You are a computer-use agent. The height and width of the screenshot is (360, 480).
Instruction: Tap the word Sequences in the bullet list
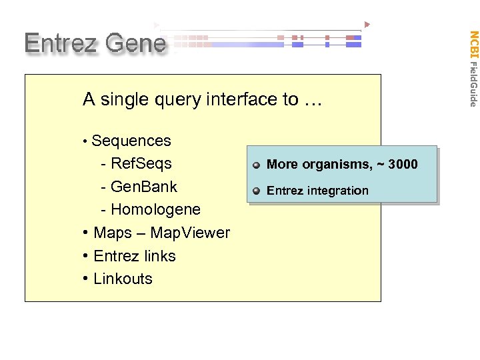tap(131, 141)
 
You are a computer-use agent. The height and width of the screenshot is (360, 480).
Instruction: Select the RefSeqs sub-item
tap(141, 163)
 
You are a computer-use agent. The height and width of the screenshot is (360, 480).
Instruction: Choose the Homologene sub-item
tap(155, 209)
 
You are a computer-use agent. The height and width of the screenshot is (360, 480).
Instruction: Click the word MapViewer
tap(190, 233)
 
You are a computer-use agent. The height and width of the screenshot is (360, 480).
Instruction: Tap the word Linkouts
tap(123, 279)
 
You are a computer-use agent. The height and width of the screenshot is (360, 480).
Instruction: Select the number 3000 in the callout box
tap(403, 164)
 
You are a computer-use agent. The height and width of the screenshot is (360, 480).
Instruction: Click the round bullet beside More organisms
tap(257, 165)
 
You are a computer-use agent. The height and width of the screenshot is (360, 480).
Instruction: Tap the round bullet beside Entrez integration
tap(257, 191)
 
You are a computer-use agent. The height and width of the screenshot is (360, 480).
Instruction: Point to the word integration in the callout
tap(337, 191)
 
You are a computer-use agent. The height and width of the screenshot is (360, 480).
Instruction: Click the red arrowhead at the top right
tap(367, 25)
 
